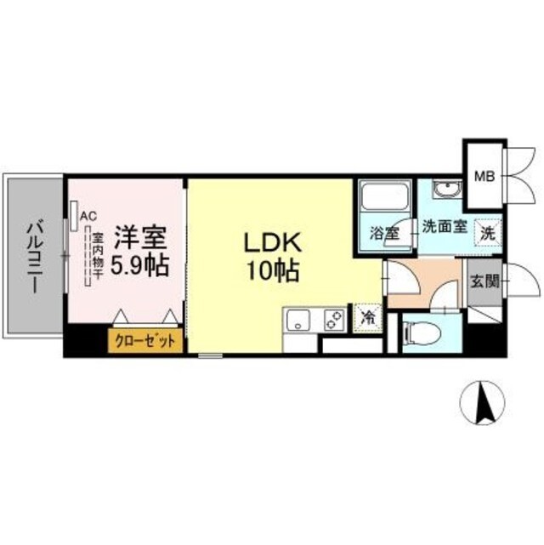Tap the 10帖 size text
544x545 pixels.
click(271, 271)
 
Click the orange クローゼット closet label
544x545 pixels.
click(145, 341)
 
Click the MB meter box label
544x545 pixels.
click(483, 177)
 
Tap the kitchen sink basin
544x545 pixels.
click(298, 322)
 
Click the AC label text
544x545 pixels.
click(88, 217)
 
